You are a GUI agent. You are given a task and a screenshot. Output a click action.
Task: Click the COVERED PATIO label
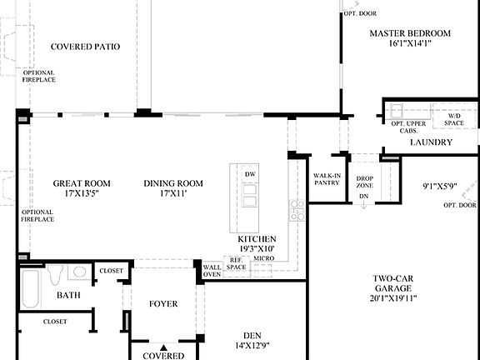(85, 47)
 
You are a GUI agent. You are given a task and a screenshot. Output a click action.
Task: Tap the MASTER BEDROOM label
(410, 33)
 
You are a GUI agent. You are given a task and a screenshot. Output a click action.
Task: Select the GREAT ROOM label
(82, 183)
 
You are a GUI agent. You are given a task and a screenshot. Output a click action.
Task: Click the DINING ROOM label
(173, 183)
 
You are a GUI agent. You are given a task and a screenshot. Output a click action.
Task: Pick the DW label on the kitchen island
(249, 173)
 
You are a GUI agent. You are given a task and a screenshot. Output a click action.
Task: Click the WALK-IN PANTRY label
(326, 179)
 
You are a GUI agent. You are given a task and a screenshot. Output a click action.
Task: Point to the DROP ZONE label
(364, 182)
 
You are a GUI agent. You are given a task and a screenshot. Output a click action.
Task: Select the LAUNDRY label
(431, 142)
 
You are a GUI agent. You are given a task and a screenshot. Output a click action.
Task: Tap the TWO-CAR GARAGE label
(393, 283)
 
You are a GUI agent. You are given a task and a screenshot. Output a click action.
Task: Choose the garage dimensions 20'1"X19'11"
(393, 298)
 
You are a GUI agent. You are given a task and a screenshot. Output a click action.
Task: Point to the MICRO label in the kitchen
(264, 259)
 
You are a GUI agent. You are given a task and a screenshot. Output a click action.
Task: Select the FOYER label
(163, 304)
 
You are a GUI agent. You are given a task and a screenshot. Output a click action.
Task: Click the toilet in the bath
(55, 272)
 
